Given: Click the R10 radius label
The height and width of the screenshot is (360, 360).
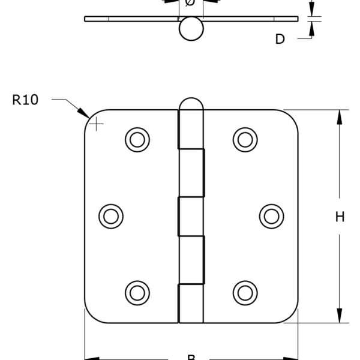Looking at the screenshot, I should [25, 100].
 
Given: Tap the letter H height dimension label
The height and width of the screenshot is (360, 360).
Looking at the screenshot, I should [340, 218].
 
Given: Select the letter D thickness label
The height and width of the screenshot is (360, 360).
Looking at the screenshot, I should [280, 40].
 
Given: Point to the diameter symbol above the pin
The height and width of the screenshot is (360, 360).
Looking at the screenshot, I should [190, 4].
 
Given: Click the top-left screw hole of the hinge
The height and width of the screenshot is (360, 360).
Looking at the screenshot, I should [137, 139].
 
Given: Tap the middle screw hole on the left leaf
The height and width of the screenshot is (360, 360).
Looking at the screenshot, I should [111, 215].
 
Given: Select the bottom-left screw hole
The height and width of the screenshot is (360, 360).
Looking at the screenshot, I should [137, 292].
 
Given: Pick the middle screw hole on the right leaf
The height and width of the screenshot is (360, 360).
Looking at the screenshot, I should [271, 215].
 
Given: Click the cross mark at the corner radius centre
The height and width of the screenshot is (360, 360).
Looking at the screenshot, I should [96, 124].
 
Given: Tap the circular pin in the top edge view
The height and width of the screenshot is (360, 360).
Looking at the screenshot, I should [190, 29].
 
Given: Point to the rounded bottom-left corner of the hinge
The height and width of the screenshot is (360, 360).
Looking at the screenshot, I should [90, 316].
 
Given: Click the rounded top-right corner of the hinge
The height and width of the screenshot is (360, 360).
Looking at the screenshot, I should [292, 116].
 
